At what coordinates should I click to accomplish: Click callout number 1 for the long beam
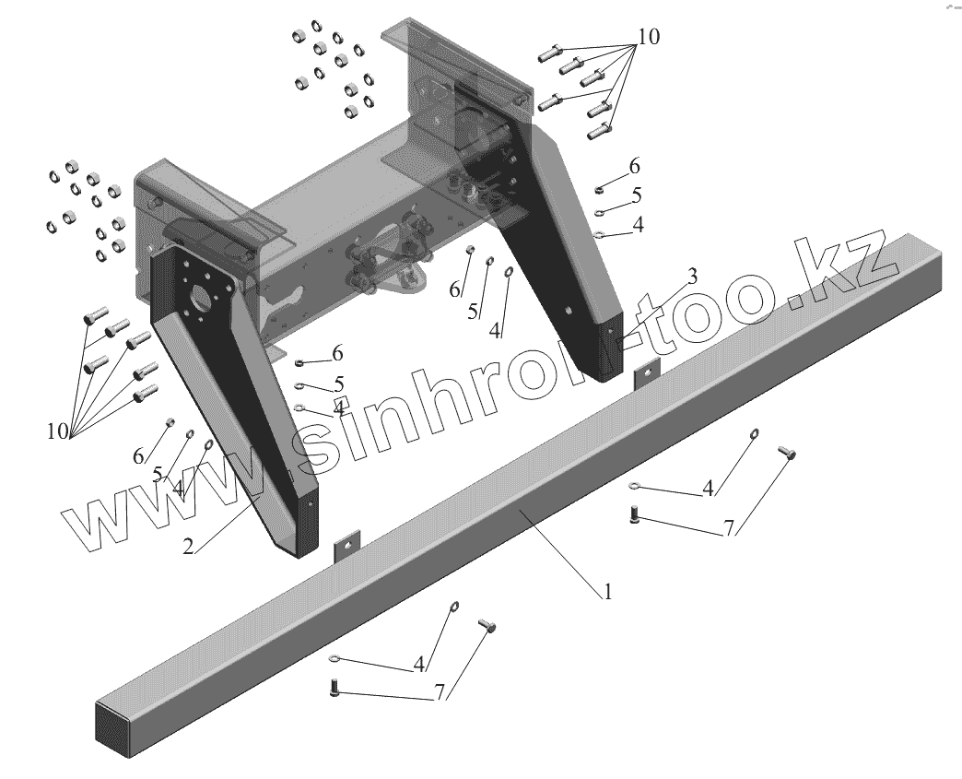[607, 593]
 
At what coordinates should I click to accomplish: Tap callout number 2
[188, 546]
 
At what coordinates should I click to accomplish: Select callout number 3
[692, 276]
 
